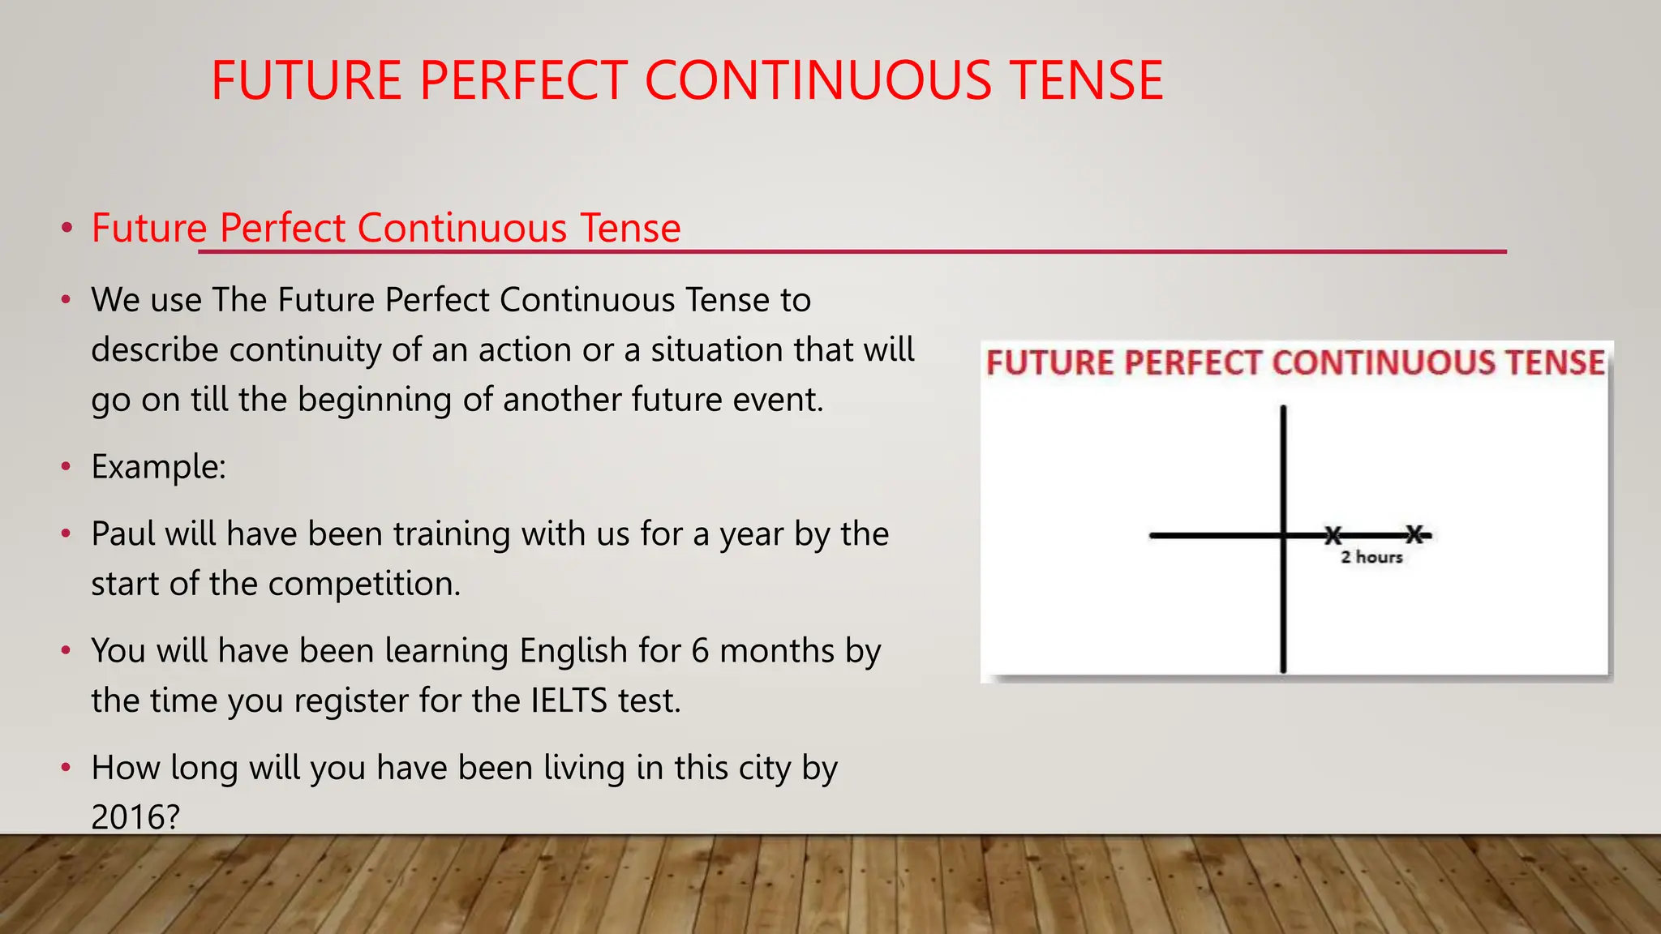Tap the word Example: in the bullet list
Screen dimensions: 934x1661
pyautogui.click(x=158, y=467)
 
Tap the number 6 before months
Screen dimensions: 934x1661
pyautogui.click(x=700, y=651)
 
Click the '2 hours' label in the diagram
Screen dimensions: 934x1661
pyautogui.click(x=1371, y=557)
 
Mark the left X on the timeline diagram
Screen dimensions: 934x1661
pyautogui.click(x=1333, y=535)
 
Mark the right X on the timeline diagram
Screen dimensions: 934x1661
pyautogui.click(x=1414, y=534)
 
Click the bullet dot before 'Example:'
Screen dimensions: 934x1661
pyautogui.click(x=67, y=467)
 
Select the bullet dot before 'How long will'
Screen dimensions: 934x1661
pyautogui.click(x=67, y=767)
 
